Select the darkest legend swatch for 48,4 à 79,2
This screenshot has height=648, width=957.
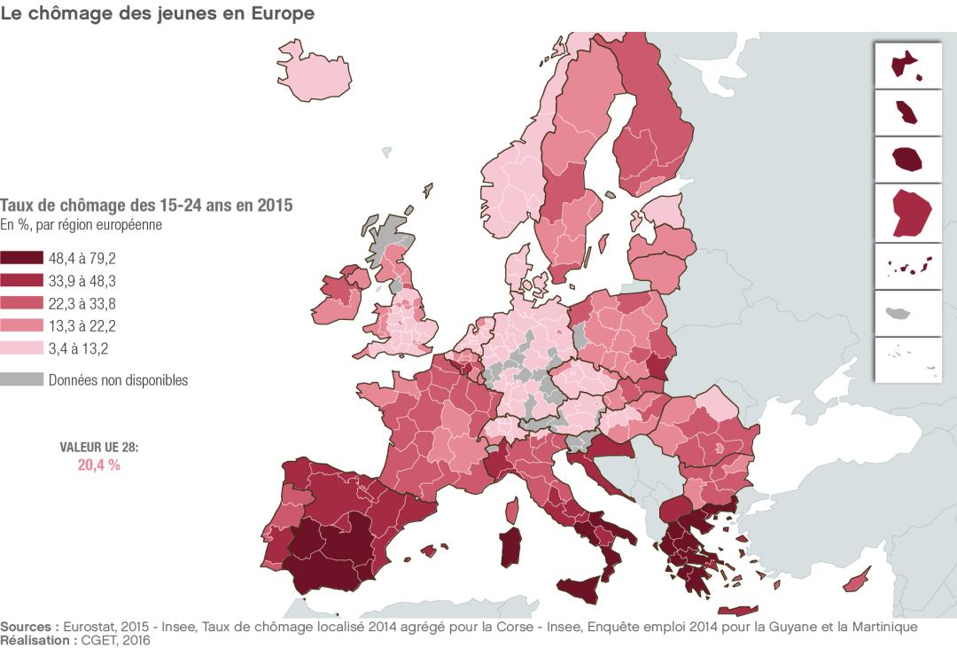pos(21,259)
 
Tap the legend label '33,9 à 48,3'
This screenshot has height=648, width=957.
pos(82,281)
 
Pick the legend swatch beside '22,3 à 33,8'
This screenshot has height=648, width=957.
pos(21,303)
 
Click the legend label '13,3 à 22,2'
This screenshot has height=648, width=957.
pos(82,325)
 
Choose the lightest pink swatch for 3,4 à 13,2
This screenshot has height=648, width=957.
pos(21,347)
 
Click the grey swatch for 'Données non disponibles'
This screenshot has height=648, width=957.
pos(21,379)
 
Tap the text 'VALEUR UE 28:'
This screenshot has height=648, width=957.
pos(99,448)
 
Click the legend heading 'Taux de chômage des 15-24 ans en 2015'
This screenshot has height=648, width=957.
pos(146,206)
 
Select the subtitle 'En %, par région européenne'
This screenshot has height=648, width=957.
pos(80,225)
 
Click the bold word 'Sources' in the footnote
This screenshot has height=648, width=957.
pos(28,627)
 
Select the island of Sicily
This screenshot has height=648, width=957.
pos(585,590)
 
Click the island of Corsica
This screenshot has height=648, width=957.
pos(511,510)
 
